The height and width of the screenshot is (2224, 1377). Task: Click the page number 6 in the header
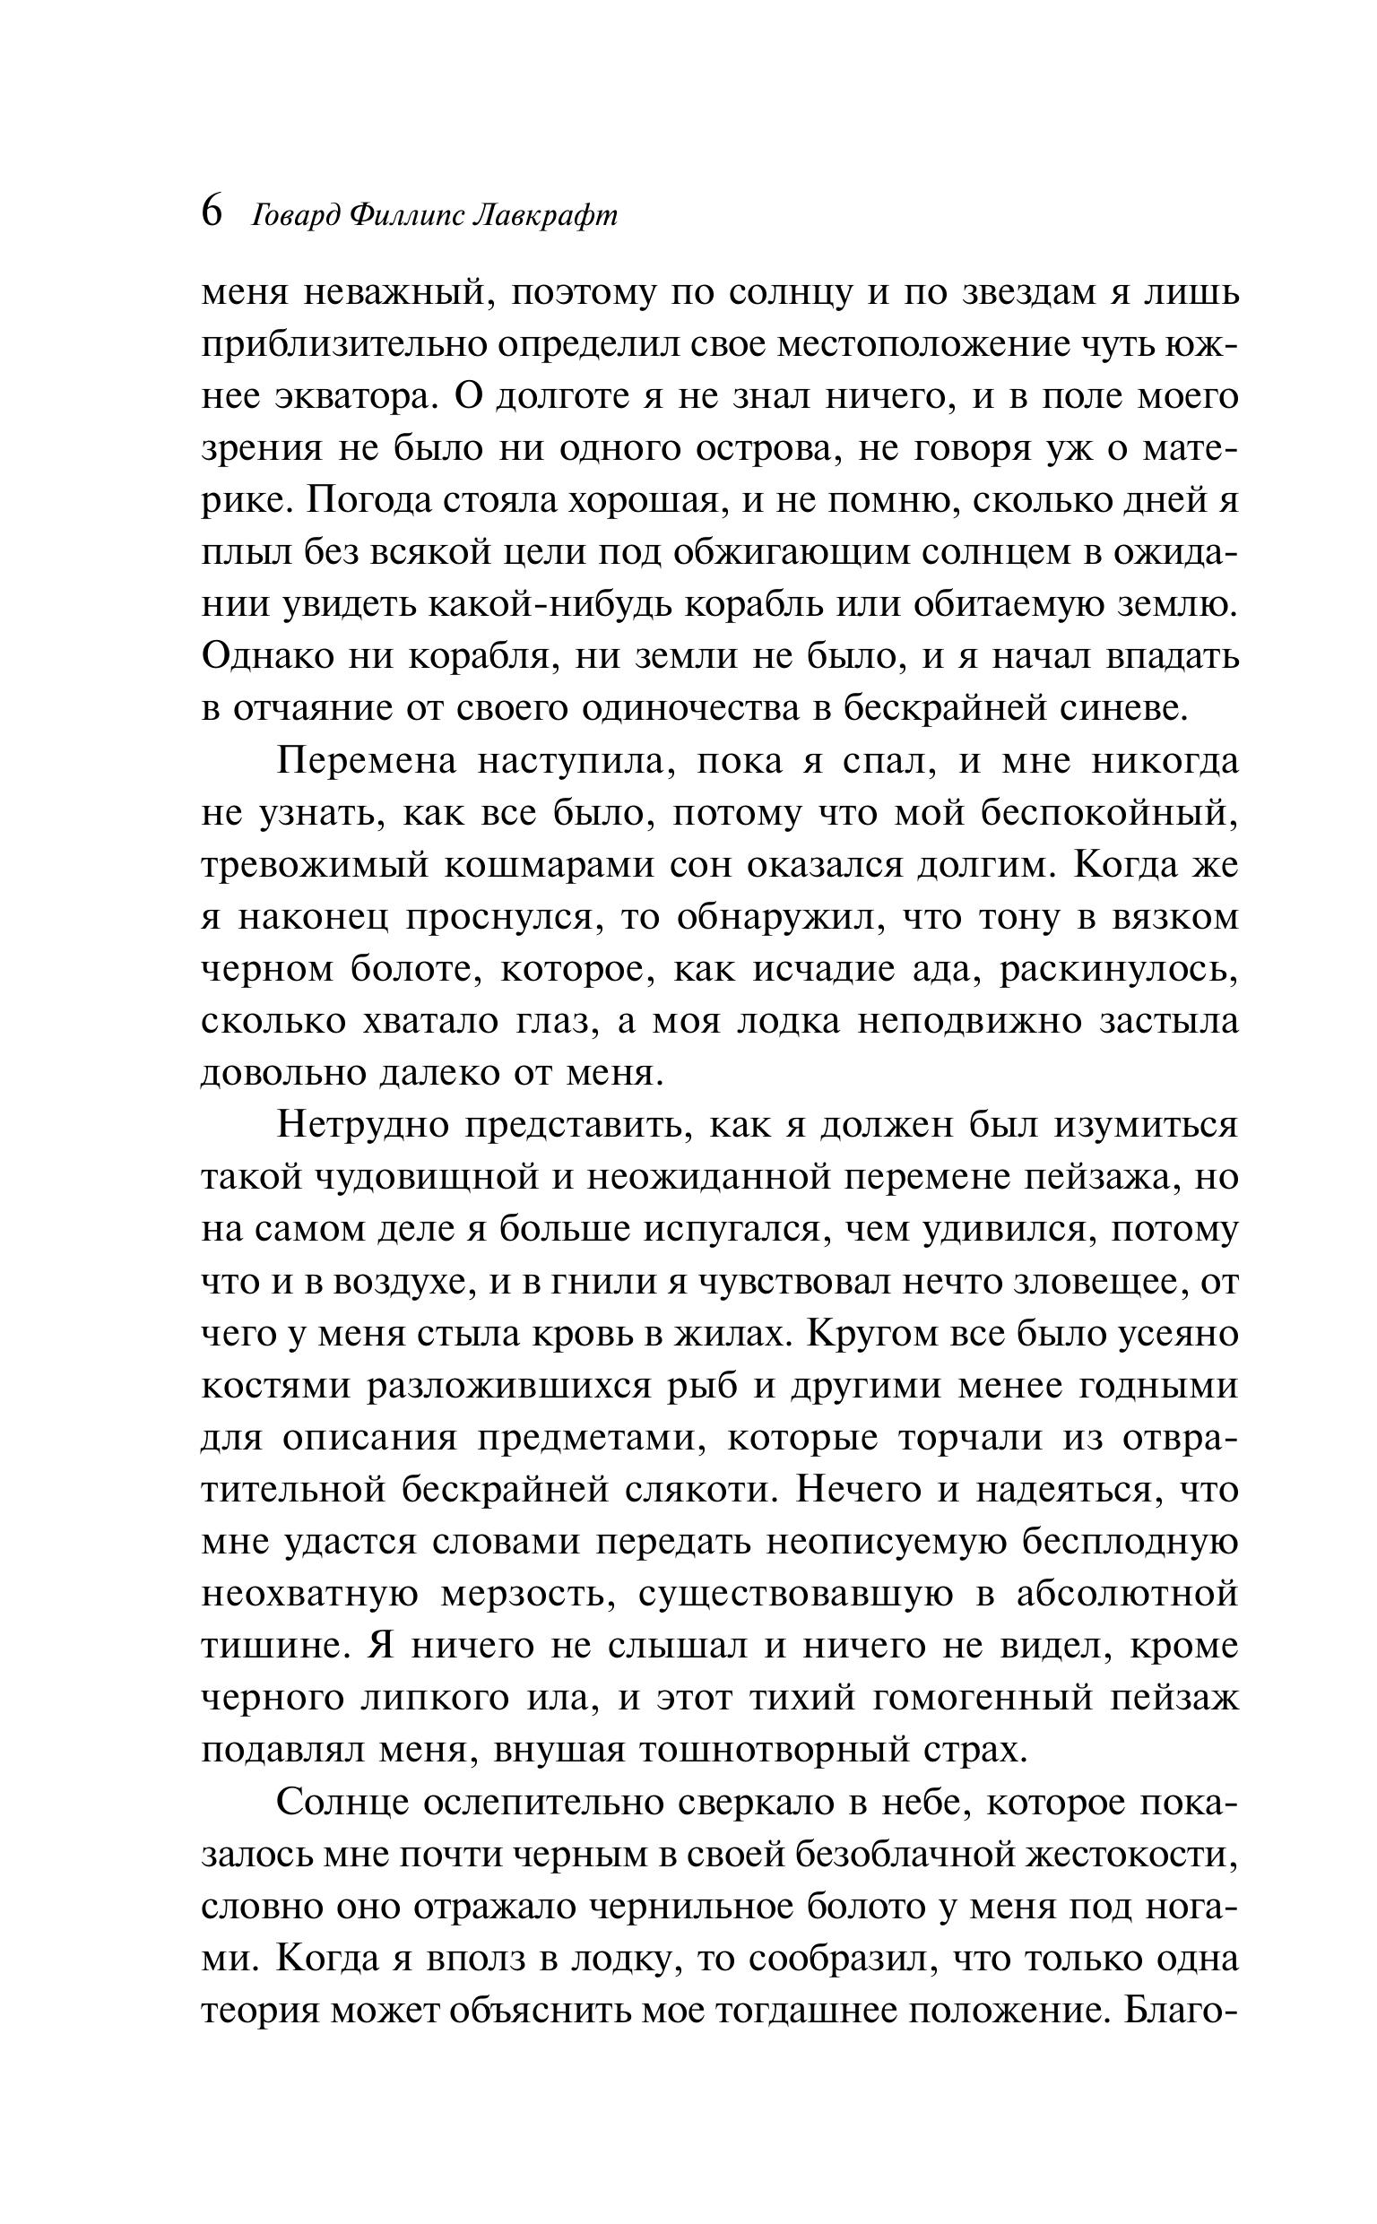point(212,213)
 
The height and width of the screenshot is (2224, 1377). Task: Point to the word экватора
point(355,398)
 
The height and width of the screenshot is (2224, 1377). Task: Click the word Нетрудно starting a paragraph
point(363,1124)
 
